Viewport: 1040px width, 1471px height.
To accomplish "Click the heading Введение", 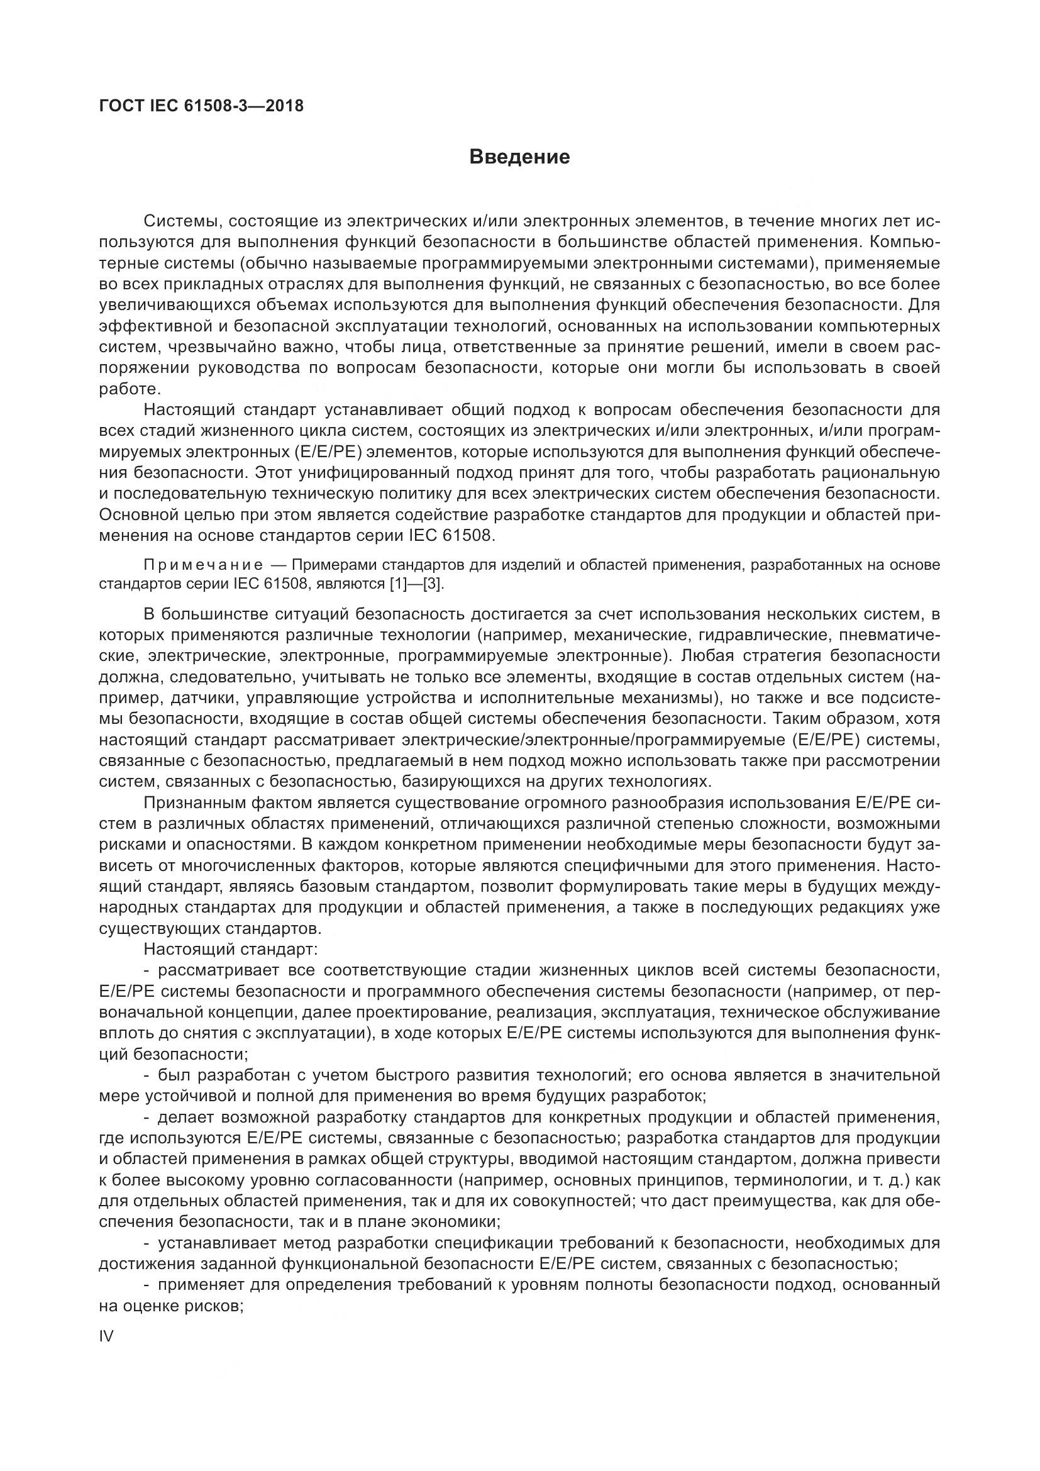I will pyautogui.click(x=519, y=157).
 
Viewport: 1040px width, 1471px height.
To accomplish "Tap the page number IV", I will pyautogui.click(x=107, y=1336).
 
